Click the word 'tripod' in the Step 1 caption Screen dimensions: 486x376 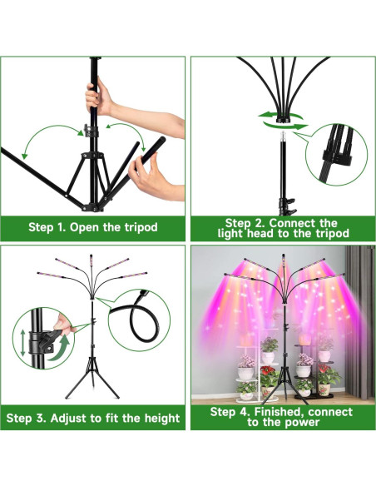click(136, 227)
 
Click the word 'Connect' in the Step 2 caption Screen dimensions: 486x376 click(291, 223)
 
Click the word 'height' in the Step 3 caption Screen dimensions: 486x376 click(158, 417)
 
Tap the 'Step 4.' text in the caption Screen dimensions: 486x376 click(230, 411)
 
